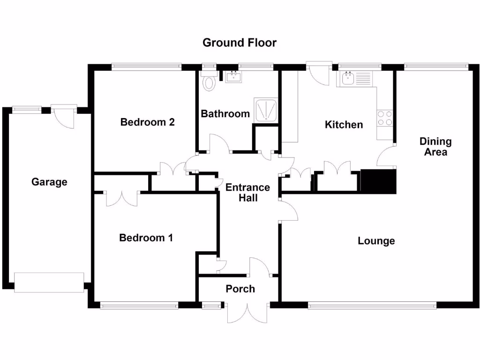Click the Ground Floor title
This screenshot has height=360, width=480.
(240, 43)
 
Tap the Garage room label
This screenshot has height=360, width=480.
(49, 182)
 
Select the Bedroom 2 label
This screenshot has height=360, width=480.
(147, 122)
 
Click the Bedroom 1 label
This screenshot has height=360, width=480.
(146, 238)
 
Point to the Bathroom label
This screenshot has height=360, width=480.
(225, 113)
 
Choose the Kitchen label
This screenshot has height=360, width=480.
(344, 125)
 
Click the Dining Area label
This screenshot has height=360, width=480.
(435, 146)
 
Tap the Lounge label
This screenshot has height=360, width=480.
(376, 241)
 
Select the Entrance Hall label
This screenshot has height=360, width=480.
(247, 192)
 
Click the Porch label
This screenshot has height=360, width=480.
(240, 289)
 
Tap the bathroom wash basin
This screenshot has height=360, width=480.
(233, 76)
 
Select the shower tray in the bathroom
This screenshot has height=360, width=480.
(265, 110)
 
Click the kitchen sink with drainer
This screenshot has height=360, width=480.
(356, 78)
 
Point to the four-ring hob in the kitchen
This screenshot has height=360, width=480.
(385, 118)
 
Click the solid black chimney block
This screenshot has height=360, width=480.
(379, 182)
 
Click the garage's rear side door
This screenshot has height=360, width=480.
(63, 117)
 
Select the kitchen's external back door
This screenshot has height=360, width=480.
(320, 74)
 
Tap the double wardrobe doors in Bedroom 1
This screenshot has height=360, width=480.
(121, 199)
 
